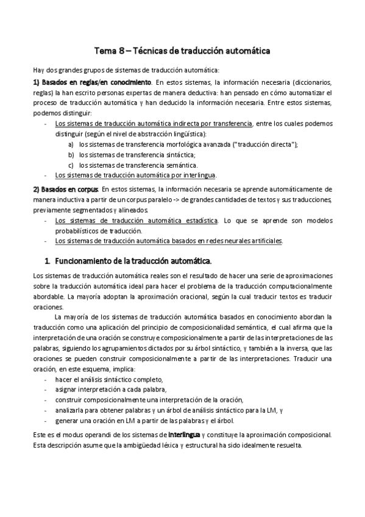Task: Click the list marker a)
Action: (x=71, y=144)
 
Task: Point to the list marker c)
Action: (x=71, y=165)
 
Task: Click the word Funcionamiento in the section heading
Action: (x=85, y=261)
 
